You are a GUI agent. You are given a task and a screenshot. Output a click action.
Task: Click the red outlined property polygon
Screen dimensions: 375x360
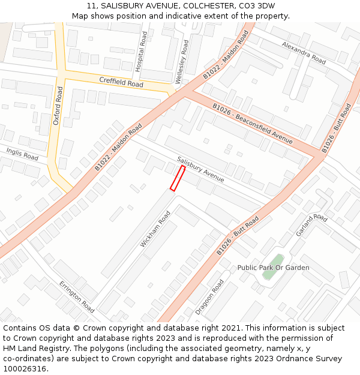pyautogui.click(x=178, y=179)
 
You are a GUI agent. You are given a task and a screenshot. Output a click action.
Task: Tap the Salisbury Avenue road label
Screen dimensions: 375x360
pyautogui.click(x=200, y=170)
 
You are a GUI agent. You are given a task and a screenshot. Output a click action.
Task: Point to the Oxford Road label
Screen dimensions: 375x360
pyautogui.click(x=58, y=106)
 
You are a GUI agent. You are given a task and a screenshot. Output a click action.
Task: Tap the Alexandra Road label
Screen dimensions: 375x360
pyautogui.click(x=304, y=53)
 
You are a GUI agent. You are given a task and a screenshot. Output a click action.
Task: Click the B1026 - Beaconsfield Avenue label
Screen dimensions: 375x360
pyautogui.click(x=252, y=124)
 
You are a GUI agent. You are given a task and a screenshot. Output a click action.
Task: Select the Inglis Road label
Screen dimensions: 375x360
pyautogui.click(x=22, y=154)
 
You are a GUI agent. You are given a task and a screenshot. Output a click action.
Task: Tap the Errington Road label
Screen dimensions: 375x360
pyautogui.click(x=77, y=297)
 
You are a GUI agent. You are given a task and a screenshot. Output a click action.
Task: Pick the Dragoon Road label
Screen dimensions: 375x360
pyautogui.click(x=209, y=297)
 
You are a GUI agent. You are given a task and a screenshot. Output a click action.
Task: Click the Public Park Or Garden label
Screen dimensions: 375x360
pyautogui.click(x=273, y=268)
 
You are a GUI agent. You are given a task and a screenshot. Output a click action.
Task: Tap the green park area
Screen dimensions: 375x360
pyautogui.click(x=269, y=275)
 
